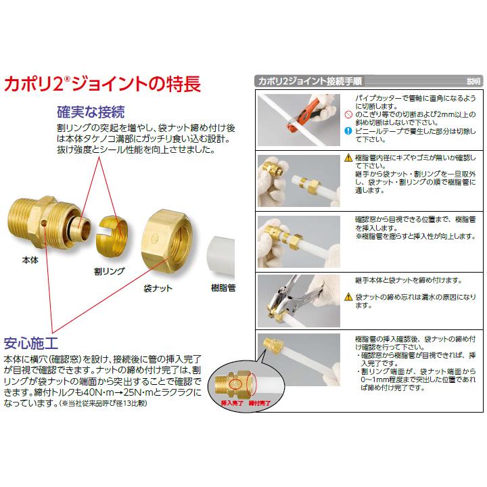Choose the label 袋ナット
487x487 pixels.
point(158,287)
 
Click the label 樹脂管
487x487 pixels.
point(224,287)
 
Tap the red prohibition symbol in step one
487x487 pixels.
point(348,116)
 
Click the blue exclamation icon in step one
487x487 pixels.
point(348,131)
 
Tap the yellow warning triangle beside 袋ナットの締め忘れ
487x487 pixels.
point(348,297)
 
